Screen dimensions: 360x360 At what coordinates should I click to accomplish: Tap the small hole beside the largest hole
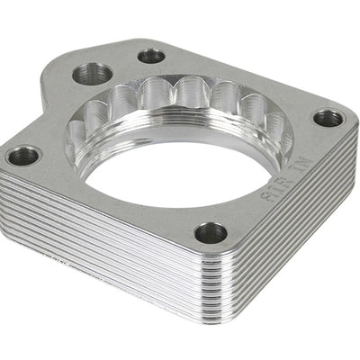151,57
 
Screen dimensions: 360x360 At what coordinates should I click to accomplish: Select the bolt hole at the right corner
328,118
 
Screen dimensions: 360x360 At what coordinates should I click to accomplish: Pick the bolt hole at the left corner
23,155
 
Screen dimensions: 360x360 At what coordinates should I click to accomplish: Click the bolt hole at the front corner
211,233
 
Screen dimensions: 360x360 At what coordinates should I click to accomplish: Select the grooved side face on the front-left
99,243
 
